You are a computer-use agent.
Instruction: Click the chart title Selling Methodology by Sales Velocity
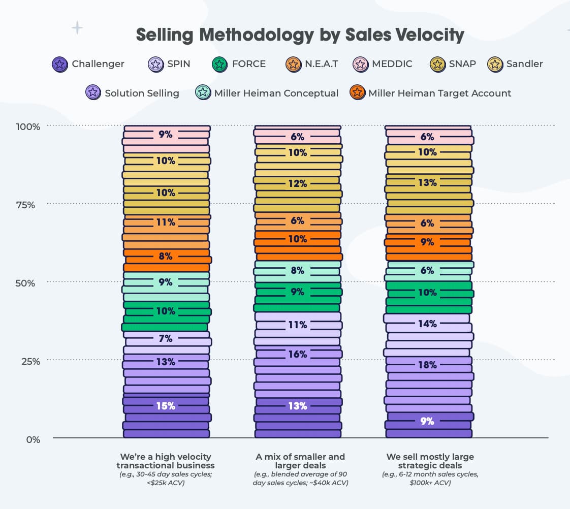click(x=300, y=35)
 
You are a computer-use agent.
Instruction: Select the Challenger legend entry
click(x=88, y=64)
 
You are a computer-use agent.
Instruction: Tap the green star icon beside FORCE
click(x=219, y=64)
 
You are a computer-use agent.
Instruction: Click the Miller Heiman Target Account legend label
click(x=439, y=93)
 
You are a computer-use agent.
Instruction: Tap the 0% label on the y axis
click(x=33, y=439)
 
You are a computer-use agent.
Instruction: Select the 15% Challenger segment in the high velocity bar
click(x=166, y=406)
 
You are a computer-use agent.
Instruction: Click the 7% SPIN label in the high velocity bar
click(x=166, y=338)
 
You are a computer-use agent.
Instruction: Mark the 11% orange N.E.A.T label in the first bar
click(x=166, y=222)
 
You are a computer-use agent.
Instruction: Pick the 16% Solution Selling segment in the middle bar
click(x=297, y=354)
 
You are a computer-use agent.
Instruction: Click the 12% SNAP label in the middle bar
click(x=297, y=183)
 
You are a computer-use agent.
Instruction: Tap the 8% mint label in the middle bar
click(x=297, y=271)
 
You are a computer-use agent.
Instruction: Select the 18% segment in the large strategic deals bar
click(x=427, y=365)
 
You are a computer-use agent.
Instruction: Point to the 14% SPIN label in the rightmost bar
click(x=427, y=324)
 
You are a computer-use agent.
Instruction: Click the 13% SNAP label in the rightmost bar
click(x=427, y=182)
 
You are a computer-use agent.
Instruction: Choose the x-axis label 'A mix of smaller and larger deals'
click(x=300, y=461)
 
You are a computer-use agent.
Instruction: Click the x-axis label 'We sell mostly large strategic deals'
click(x=430, y=461)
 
